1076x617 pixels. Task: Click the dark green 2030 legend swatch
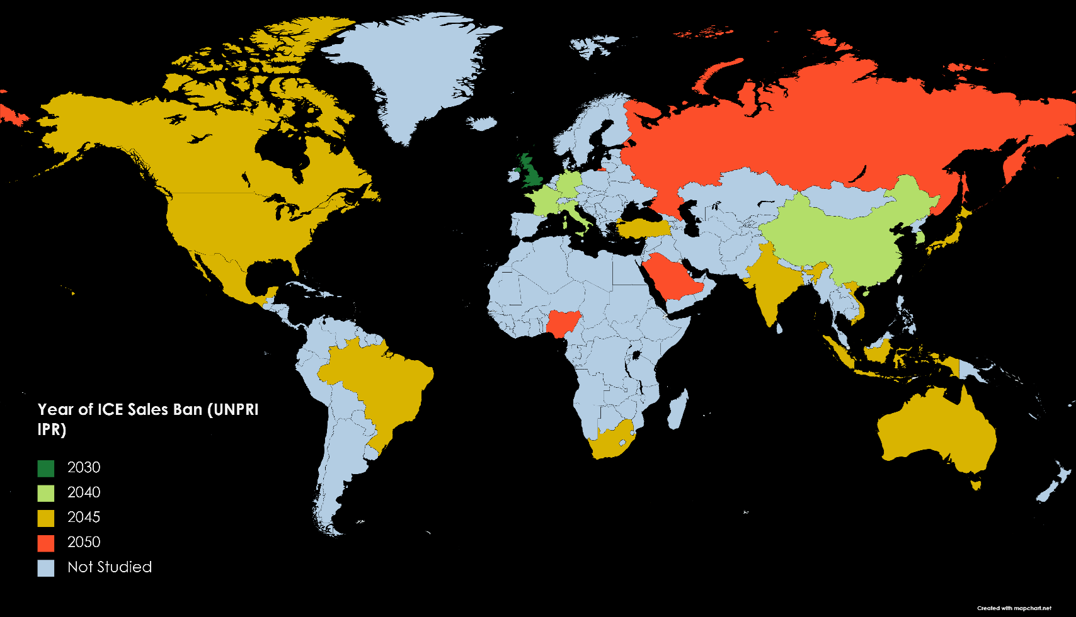coord(46,468)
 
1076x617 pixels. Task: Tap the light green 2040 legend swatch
coord(46,493)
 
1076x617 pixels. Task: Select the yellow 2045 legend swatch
coord(46,518)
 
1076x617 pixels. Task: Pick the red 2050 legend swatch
coord(46,543)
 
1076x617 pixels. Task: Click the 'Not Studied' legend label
coord(110,567)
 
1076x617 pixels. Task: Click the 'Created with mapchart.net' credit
coord(1014,608)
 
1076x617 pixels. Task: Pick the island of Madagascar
coord(677,409)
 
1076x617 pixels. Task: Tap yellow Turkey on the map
coord(643,228)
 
